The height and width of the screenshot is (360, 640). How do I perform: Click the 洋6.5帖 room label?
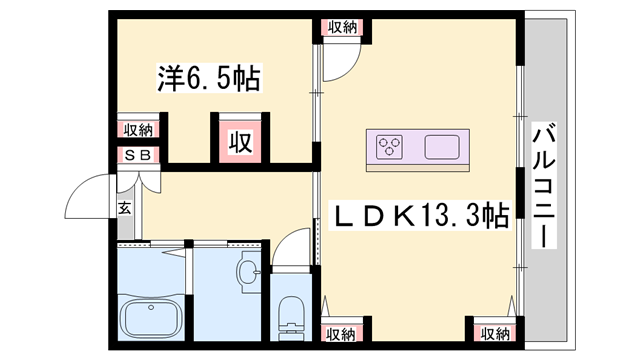click(208, 79)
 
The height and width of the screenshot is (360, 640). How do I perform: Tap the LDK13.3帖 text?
click(420, 215)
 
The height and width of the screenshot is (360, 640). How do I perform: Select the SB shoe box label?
click(137, 155)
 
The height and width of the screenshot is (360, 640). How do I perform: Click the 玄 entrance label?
click(125, 208)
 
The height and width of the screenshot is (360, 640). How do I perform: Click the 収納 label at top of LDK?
click(341, 27)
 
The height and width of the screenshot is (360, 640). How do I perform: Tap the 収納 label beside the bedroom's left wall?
click(138, 130)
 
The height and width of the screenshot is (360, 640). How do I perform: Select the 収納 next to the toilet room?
click(341, 333)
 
